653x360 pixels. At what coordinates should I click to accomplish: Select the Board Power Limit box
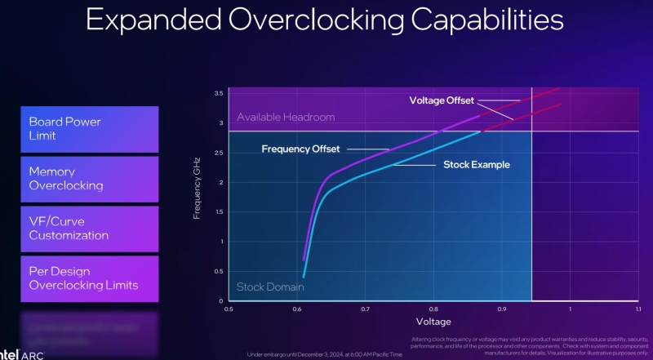(x=90, y=129)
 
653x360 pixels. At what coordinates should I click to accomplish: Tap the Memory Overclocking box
(x=90, y=179)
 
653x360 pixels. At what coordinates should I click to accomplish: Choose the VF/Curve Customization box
(x=90, y=228)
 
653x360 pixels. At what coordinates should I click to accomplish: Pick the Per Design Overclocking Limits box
(x=90, y=278)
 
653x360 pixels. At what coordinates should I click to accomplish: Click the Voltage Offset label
(x=441, y=100)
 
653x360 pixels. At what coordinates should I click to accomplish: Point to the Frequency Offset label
(x=300, y=149)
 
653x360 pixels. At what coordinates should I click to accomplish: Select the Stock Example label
(x=476, y=165)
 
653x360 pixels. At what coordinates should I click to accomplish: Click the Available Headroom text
(x=286, y=118)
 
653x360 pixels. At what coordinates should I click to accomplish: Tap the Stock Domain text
(x=265, y=287)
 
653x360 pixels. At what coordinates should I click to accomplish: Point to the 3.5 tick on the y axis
(x=218, y=94)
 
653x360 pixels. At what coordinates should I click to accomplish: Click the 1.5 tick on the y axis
(x=218, y=212)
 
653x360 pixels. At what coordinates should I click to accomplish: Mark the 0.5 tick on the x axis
(x=229, y=309)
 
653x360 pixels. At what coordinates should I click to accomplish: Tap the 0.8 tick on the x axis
(x=433, y=309)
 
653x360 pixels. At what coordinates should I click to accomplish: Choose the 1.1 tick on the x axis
(x=638, y=309)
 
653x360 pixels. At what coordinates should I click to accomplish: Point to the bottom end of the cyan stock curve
(x=304, y=278)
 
